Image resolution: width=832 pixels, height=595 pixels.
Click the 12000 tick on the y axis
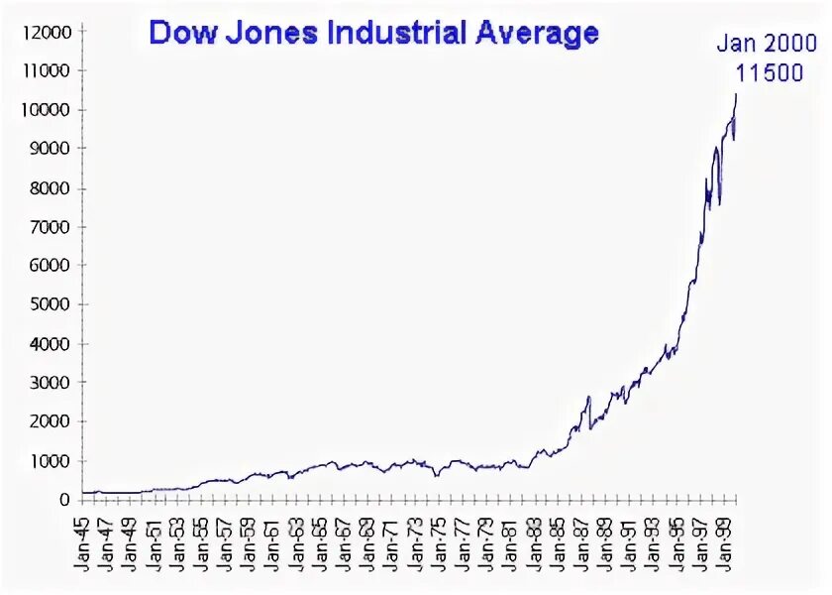click(49, 32)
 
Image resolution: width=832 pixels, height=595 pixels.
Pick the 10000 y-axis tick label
click(49, 110)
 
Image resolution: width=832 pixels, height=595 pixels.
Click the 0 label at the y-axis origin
click(65, 500)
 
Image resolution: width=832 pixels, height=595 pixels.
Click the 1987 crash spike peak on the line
click(588, 397)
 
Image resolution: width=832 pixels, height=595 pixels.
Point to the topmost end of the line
click(736, 93)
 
